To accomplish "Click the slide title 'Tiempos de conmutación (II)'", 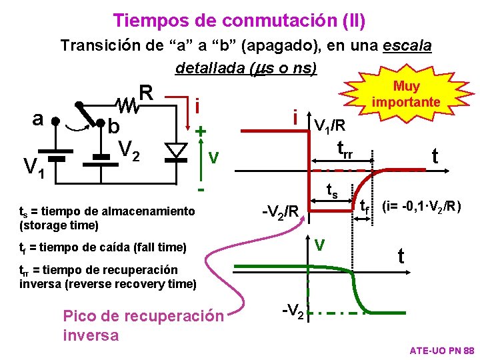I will (239, 21).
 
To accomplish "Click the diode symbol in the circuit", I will (177, 149).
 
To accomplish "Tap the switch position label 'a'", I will (38, 118).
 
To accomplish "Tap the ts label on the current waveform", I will (331, 192).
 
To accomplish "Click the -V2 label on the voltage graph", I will (293, 311).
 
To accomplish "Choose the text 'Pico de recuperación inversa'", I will (143, 325).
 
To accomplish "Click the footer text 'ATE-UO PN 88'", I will (441, 350).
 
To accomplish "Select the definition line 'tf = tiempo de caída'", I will (103, 247).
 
